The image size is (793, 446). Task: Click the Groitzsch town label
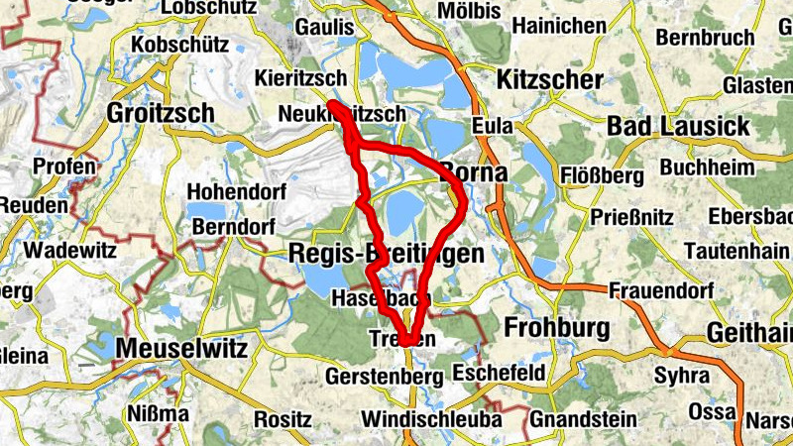(161, 113)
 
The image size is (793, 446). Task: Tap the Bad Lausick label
(678, 127)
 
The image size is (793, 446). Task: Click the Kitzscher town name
(552, 79)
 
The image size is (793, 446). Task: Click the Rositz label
(283, 418)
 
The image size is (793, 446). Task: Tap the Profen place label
(65, 166)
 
